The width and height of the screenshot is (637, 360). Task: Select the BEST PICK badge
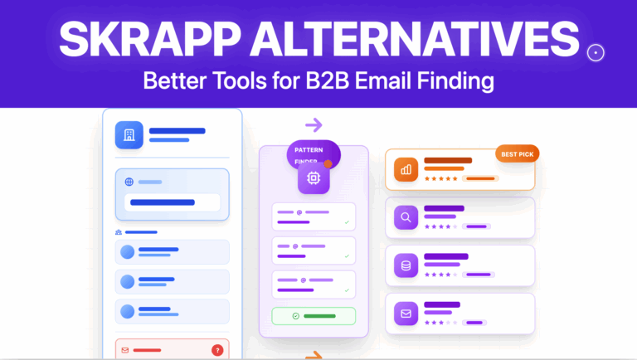518,154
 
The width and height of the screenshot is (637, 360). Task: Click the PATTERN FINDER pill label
313,153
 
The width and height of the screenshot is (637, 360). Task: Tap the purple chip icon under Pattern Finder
314,178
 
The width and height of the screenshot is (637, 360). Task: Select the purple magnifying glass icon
406,217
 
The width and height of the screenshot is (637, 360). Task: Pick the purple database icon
406,265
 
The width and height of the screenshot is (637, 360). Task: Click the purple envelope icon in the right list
406,314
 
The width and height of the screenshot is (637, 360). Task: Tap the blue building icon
129,135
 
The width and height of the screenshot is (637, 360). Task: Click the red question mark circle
217,350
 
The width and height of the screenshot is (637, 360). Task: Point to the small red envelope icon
125,350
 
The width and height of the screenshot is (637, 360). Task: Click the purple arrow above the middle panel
314,125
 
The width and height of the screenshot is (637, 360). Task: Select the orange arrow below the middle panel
314,356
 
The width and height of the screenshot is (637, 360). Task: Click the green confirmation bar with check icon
314,316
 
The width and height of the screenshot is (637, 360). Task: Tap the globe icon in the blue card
129,182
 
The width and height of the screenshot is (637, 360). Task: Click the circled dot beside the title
595,53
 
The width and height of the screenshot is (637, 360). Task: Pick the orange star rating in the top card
440,178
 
